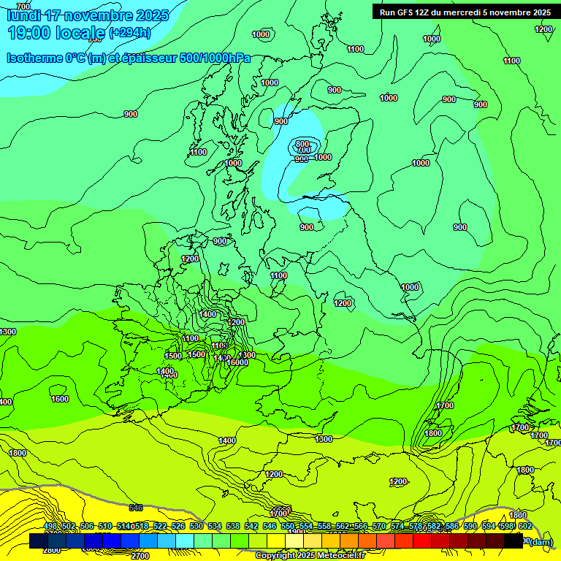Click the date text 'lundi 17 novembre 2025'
click(87, 15)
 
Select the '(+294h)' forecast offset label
click(129, 33)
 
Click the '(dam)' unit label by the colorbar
click(540, 541)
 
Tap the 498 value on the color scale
click(50, 527)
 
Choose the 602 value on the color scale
click(524, 527)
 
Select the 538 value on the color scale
click(233, 527)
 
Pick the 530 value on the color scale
click(196, 527)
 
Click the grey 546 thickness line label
click(136, 507)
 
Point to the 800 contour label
click(303, 144)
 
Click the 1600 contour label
click(60, 399)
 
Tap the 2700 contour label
click(140, 556)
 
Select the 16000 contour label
click(237, 362)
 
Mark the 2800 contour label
click(51, 550)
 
